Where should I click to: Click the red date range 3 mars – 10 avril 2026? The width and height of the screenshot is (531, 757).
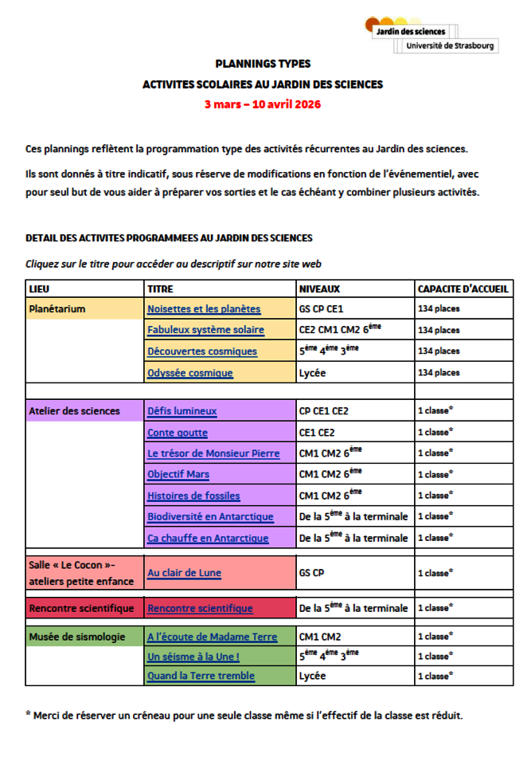pos(262,104)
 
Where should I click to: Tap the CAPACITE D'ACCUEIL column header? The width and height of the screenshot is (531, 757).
pos(463,288)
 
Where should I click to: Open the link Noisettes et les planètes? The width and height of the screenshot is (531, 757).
pos(204,308)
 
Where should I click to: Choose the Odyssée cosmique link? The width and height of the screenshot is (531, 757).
pos(190,372)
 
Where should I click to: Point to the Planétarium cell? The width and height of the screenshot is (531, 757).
pos(57,308)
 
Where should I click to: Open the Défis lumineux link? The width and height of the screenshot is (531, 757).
pos(182,411)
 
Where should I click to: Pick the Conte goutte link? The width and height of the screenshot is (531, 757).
pos(178,433)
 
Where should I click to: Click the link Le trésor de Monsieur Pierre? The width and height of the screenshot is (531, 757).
pos(213,453)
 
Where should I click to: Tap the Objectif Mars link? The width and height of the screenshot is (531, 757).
pos(178,474)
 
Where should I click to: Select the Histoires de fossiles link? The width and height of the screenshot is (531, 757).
pos(193,496)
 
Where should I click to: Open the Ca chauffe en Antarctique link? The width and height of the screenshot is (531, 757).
pos(208,538)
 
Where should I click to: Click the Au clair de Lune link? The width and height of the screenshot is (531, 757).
pos(184,572)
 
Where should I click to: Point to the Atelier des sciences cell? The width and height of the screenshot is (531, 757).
pos(74,411)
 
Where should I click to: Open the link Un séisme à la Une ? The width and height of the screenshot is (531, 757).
pos(193,657)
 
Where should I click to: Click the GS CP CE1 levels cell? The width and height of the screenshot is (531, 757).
pos(322,308)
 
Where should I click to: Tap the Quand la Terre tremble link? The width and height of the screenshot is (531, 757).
pos(201,677)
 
